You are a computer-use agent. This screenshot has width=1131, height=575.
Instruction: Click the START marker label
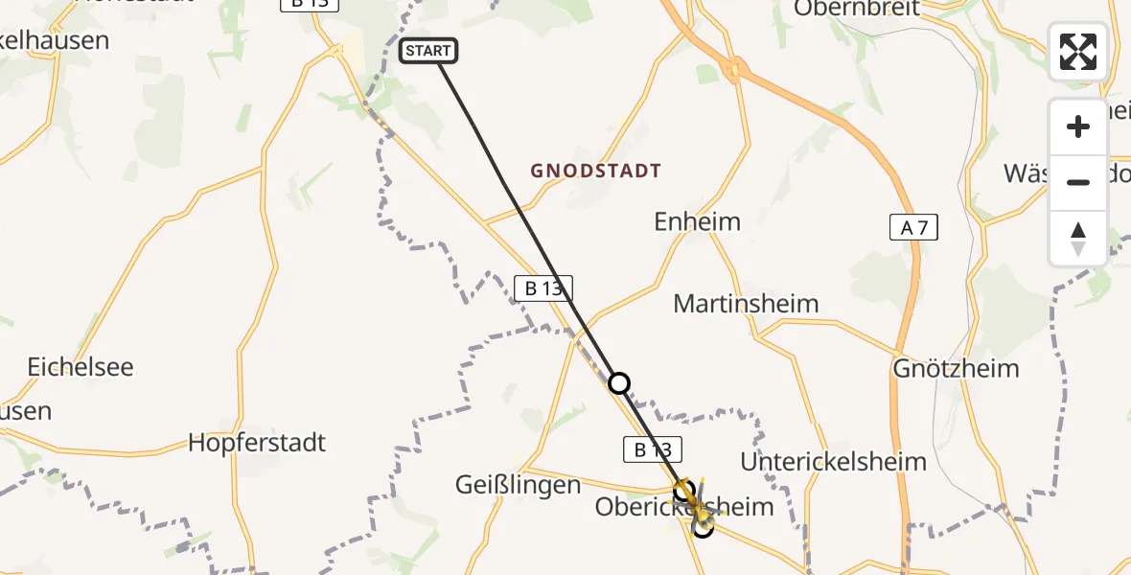tap(428, 51)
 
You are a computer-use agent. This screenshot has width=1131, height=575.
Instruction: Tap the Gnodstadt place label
tap(596, 172)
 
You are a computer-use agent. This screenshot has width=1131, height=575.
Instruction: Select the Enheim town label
tap(697, 222)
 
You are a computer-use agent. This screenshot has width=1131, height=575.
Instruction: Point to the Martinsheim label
tap(746, 304)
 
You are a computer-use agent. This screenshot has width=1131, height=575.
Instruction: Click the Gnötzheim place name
tap(956, 368)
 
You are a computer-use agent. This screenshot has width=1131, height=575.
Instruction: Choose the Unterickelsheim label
tap(834, 462)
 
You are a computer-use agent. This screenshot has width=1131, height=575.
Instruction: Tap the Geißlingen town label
tap(518, 485)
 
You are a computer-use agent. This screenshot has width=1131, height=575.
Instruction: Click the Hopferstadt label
tap(257, 443)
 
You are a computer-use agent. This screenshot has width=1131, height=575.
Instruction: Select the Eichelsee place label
tap(81, 367)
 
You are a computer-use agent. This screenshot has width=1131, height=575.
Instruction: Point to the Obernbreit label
tap(857, 9)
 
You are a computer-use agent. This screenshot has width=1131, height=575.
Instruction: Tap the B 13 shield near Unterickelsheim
tap(653, 448)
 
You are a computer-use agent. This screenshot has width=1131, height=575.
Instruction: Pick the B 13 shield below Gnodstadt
tap(542, 287)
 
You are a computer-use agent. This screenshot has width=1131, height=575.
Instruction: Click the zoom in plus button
tap(1078, 126)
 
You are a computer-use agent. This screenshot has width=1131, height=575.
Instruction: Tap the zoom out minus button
tap(1078, 182)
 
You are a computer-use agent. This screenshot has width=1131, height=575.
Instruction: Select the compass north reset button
tap(1078, 238)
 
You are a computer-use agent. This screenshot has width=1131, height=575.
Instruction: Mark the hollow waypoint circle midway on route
tap(620, 383)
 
